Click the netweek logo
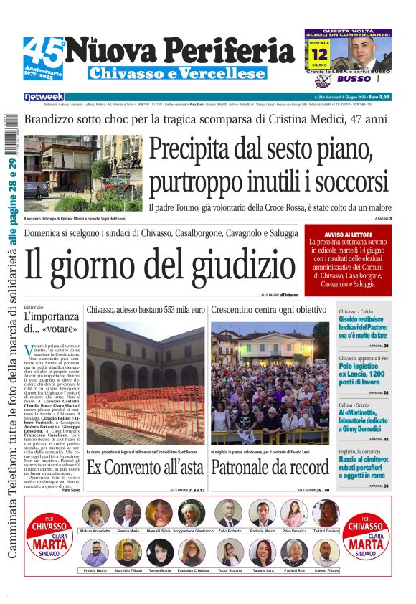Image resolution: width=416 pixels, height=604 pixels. coord(44,96)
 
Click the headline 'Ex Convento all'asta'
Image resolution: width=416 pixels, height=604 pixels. coord(146,468)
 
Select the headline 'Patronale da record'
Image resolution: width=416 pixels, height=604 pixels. coord(270,468)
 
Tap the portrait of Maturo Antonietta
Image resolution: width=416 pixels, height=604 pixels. coord(96,513)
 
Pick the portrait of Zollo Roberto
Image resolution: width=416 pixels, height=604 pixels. coord(228,513)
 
